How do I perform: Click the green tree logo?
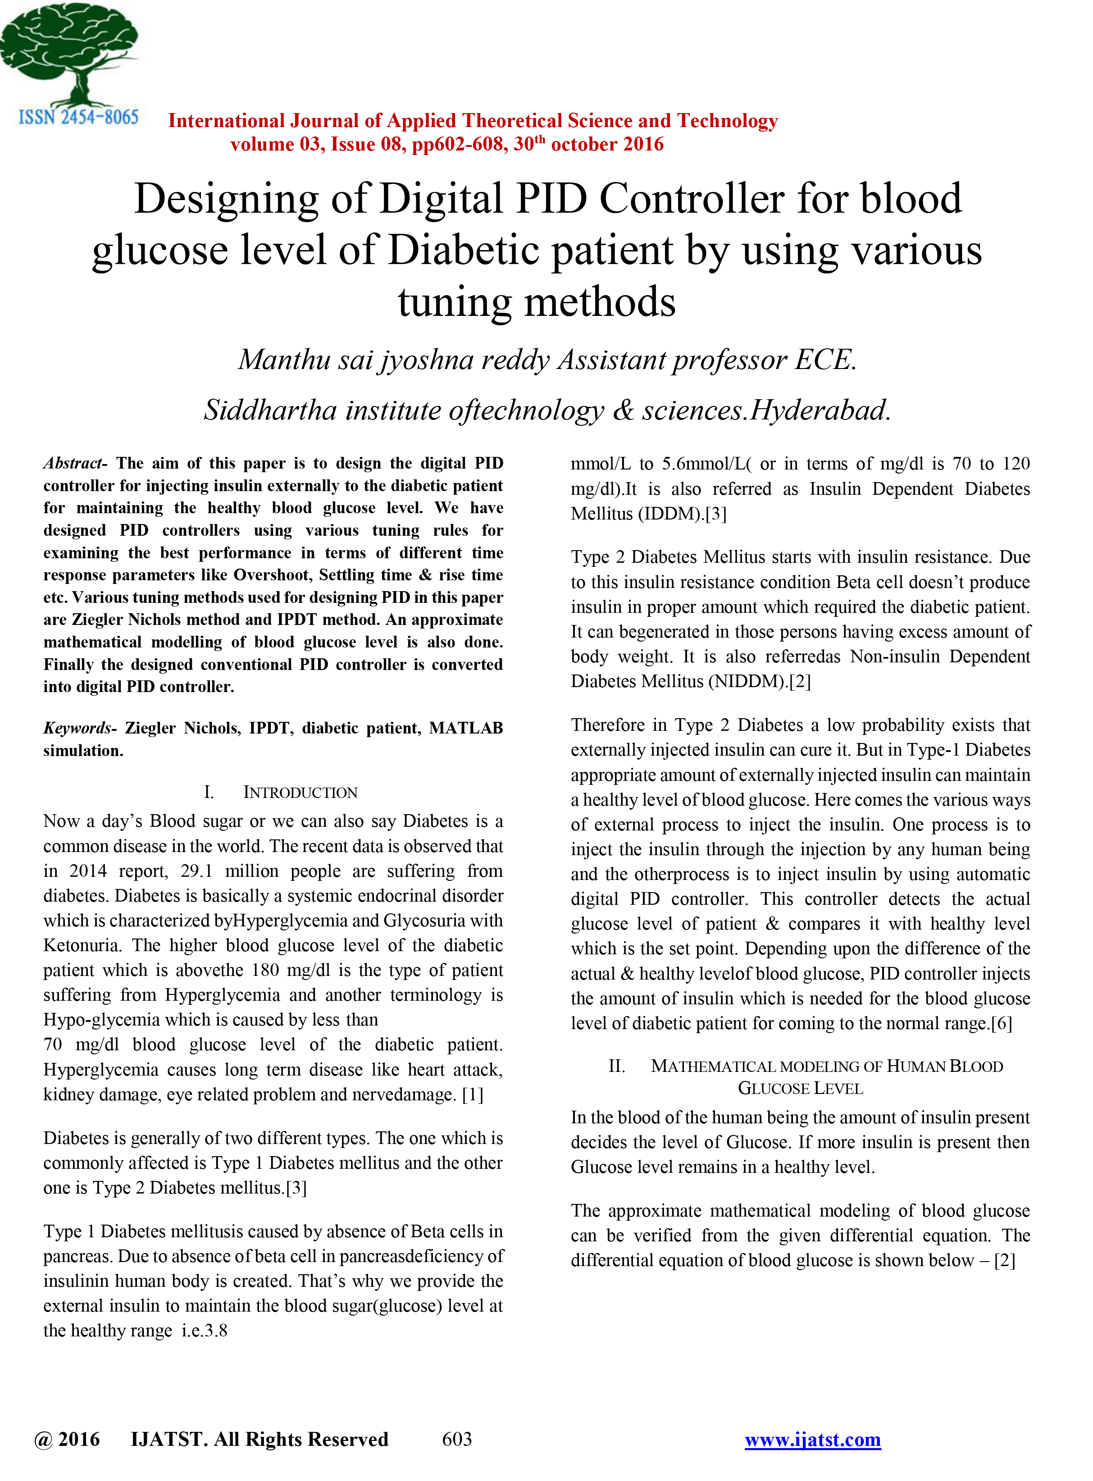click(x=69, y=53)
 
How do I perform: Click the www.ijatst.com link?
click(x=812, y=1439)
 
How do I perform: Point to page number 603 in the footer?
click(x=456, y=1439)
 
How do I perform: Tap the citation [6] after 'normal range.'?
click(x=1002, y=1024)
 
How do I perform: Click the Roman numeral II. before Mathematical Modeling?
click(x=617, y=1066)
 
